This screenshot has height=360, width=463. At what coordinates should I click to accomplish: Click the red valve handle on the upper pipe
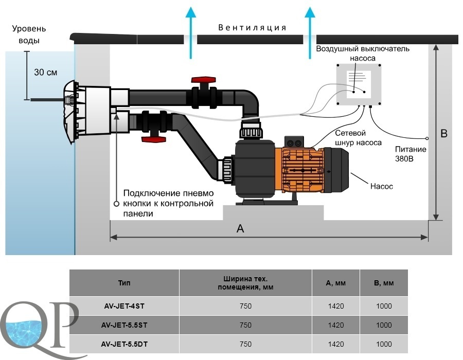point(203,80)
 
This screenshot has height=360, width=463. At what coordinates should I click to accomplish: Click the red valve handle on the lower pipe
point(153,139)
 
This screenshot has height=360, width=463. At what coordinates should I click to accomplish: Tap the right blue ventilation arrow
point(310,33)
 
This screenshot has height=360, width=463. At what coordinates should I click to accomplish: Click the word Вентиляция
point(252,28)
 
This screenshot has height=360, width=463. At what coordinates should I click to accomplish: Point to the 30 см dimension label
point(46,73)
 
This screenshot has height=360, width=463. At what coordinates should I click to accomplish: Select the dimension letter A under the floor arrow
point(240,228)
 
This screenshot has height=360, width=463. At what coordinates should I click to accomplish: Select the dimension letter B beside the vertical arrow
point(444,133)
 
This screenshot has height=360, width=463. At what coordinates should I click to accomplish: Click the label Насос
point(382,186)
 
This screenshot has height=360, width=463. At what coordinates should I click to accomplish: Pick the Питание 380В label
point(411,154)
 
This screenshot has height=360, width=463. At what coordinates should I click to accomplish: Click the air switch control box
point(359,85)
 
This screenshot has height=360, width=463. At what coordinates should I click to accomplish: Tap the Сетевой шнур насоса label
point(358,138)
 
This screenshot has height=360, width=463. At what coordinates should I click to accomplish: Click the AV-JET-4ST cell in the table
point(124,306)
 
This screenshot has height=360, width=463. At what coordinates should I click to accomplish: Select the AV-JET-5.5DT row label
point(124,344)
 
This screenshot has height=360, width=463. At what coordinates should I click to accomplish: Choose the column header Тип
point(124,283)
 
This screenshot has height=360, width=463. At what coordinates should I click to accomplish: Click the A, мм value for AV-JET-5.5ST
point(336,325)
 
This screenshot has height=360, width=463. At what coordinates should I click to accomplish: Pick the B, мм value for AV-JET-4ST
point(384,306)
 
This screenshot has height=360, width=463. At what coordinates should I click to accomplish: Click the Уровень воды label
point(29,34)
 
